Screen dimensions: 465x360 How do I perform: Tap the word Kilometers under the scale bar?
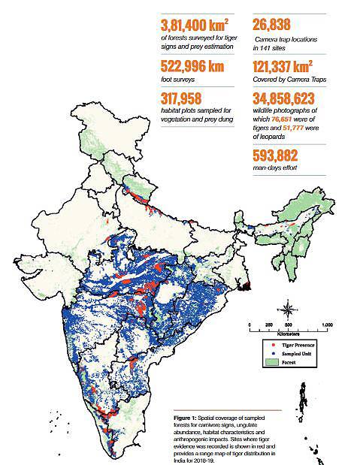289,333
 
